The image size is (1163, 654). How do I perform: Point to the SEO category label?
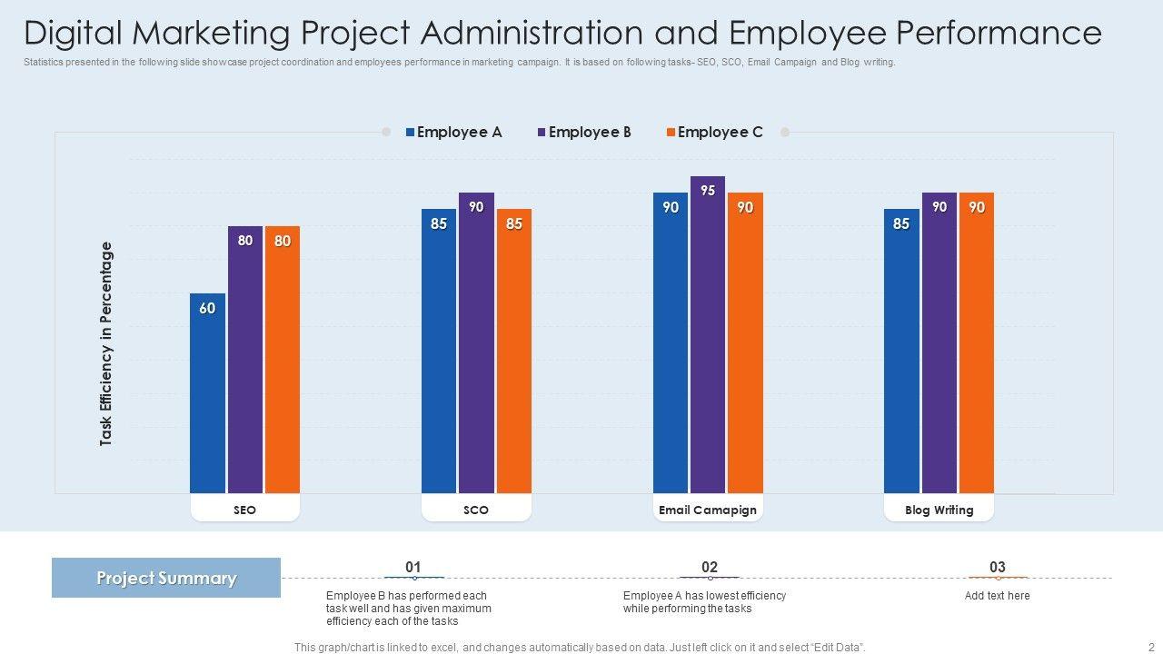tap(244, 510)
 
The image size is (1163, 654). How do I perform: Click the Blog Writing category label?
tap(939, 510)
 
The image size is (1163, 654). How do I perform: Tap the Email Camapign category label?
tap(708, 510)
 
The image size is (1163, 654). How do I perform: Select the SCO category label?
tap(476, 510)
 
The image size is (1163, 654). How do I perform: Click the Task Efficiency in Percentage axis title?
tap(106, 343)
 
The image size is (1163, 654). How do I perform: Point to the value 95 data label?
tap(708, 191)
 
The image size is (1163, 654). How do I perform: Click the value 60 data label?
tap(207, 309)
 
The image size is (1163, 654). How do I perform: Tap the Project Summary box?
tap(166, 578)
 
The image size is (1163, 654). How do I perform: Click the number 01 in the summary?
tap(413, 567)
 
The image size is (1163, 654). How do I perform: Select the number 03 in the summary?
tap(998, 567)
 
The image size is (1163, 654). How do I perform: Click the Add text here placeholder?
tap(998, 596)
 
